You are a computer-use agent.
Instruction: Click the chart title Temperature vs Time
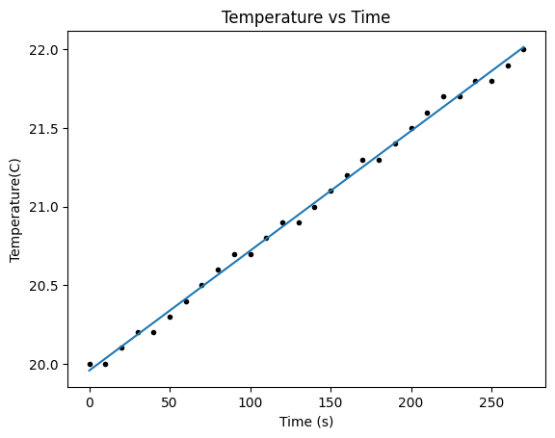point(306,16)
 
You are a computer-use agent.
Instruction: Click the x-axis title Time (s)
point(306,423)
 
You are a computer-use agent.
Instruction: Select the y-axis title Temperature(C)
point(15,207)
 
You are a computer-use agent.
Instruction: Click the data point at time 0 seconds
point(90,364)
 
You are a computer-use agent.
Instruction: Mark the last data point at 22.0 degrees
point(523,49)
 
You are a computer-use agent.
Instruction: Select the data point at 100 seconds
point(251,254)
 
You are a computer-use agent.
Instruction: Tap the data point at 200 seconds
point(411,128)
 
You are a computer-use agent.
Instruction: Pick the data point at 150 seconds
point(330,191)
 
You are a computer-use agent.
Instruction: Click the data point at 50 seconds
point(170,317)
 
